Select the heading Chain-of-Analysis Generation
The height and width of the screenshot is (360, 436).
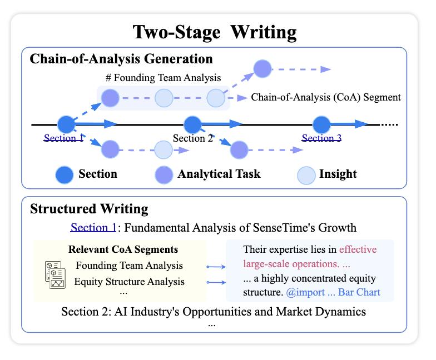click(121, 58)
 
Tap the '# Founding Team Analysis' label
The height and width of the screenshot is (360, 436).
click(163, 78)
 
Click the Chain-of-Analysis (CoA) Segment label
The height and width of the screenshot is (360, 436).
click(326, 97)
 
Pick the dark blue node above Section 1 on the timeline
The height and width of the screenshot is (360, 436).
click(65, 124)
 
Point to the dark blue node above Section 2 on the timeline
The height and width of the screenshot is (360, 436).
click(192, 124)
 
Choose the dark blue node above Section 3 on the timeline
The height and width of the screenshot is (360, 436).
click(321, 124)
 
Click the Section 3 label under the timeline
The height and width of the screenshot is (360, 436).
click(321, 138)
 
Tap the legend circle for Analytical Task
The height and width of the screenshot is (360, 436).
click(163, 174)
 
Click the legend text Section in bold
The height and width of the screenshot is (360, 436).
click(98, 174)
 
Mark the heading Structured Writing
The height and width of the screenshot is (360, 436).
click(89, 209)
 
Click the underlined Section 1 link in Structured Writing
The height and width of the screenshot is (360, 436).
click(93, 227)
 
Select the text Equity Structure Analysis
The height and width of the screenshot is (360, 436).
click(129, 281)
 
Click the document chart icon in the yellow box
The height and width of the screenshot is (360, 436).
click(55, 274)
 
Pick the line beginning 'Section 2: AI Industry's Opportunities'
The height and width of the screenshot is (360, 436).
click(214, 311)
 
